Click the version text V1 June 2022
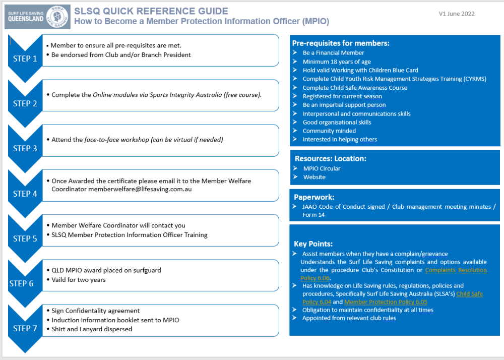coord(456,14)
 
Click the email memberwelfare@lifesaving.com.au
coord(140,189)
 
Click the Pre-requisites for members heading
coord(341,43)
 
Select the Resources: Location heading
coord(330,158)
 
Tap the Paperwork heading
coord(314,197)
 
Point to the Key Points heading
coord(313,244)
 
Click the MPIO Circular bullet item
coord(321,168)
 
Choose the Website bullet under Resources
coord(314,177)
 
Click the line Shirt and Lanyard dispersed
coord(92,329)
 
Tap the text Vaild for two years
coord(79,279)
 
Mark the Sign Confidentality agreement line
coord(96,311)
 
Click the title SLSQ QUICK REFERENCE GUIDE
coord(151,11)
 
